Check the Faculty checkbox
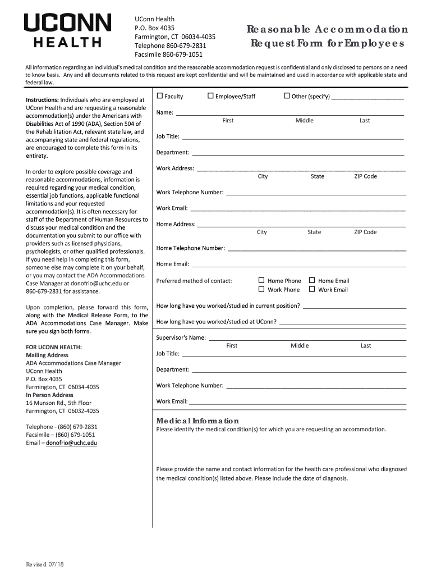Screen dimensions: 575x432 pos(160,96)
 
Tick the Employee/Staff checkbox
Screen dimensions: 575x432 pos(210,96)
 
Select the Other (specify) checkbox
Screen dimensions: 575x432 pos(287,96)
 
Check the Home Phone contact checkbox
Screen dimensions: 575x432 pos(261,280)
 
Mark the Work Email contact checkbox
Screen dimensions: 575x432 pos(312,289)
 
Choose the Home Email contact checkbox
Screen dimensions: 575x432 pos(312,280)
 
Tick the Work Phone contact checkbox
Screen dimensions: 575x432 pos(261,289)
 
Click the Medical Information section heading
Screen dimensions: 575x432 pos(197,421)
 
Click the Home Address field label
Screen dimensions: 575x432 pos(176,224)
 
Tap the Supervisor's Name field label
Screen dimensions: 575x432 pos(181,337)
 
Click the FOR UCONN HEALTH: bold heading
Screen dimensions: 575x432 pos(54,347)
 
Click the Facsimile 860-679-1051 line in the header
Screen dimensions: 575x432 pos(168,54)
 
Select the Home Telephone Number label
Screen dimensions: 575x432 pos(190,248)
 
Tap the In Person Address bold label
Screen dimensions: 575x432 pos(49,395)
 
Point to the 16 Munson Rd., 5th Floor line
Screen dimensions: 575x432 pos(58,403)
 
